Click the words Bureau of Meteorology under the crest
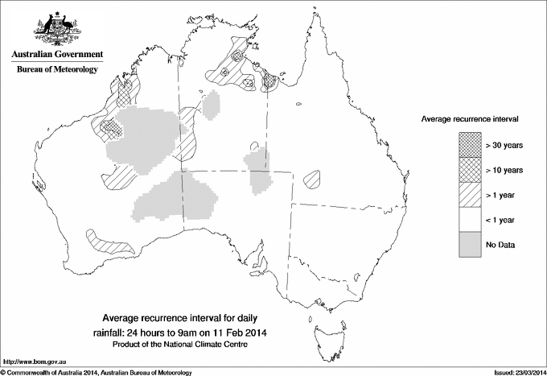click(x=57, y=70)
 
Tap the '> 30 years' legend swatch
click(x=469, y=144)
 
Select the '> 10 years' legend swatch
click(x=469, y=169)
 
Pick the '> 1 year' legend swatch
click(x=469, y=194)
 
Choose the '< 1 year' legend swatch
click(x=469, y=219)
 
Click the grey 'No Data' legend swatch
click(x=469, y=244)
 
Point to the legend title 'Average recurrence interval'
click(x=469, y=118)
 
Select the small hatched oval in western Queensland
click(x=312, y=179)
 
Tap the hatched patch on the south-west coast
click(x=106, y=240)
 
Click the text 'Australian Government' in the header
click(x=56, y=55)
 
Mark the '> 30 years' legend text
click(x=505, y=145)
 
